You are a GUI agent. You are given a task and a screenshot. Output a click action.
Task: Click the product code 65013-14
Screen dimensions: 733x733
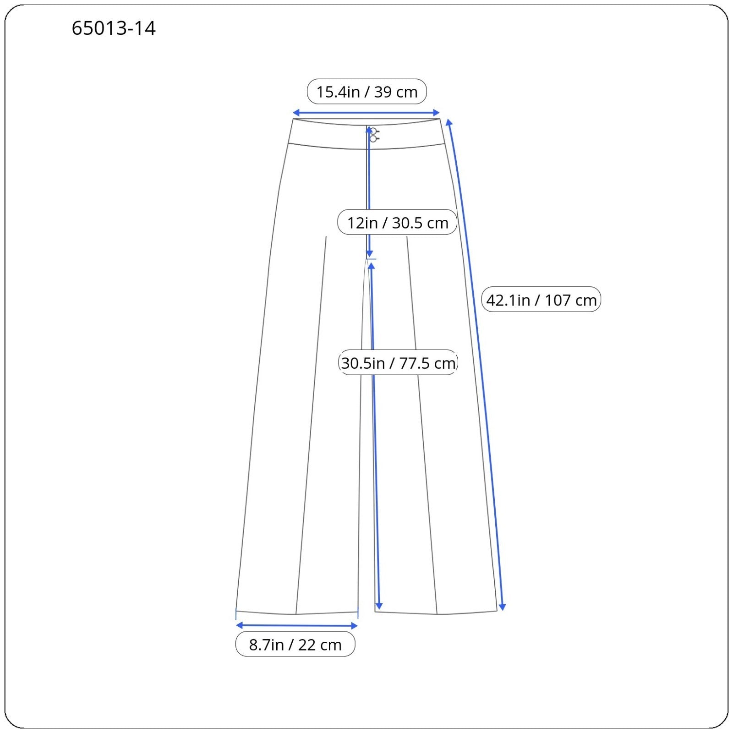114,28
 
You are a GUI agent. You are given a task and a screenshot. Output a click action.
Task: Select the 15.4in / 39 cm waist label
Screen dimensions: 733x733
366,92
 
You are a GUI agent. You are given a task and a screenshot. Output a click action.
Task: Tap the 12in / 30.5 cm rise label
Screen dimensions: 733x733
397,223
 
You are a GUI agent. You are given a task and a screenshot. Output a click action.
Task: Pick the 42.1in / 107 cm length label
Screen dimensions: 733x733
541,300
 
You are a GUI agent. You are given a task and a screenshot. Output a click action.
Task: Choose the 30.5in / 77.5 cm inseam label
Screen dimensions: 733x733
398,363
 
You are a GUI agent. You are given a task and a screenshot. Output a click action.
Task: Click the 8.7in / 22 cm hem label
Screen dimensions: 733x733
295,644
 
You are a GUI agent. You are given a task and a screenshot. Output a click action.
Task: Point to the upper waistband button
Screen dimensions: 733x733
373,131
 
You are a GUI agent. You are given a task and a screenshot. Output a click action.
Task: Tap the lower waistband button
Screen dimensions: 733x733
373,138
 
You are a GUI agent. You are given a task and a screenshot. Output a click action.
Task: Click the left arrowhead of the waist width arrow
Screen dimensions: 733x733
296,113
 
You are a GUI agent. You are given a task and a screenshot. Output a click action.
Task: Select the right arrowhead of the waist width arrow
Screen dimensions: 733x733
436,113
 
